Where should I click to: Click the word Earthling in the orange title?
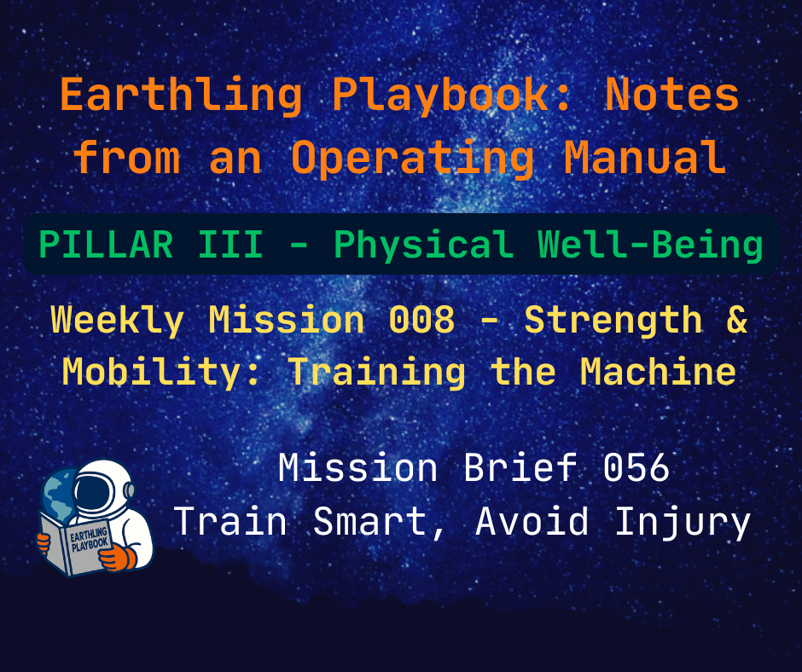coord(181,96)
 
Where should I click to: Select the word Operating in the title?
coord(412,157)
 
